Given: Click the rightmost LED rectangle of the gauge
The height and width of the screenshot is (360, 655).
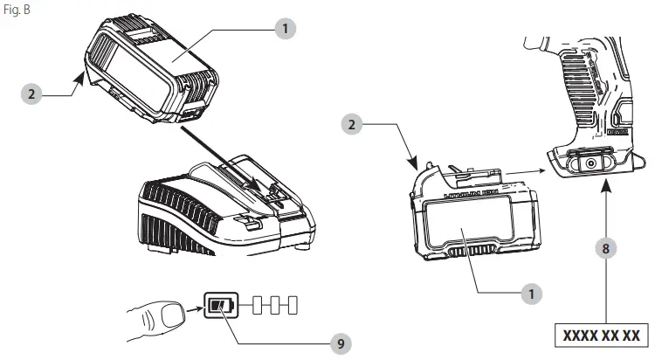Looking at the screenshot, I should click(292, 306).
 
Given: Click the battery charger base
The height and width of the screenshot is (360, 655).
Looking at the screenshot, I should click(210, 201).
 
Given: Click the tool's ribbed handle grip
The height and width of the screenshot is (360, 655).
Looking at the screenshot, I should click(581, 79).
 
